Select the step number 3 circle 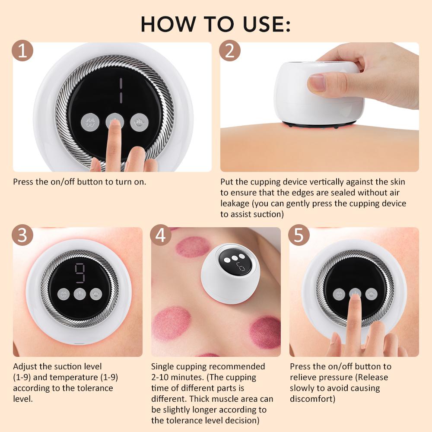(23, 236)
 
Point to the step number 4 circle (161, 236)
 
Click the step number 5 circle (299, 236)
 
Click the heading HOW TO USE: (216, 24)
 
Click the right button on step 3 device (95, 294)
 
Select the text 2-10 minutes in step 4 (175, 377)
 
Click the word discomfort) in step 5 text (312, 398)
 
